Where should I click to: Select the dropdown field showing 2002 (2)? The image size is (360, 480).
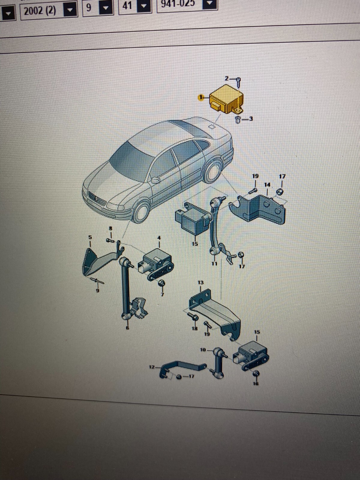(x=40, y=11)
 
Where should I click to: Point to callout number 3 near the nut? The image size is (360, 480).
(x=251, y=119)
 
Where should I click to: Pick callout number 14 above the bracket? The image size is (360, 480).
(x=267, y=185)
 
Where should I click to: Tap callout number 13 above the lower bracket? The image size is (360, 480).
(x=200, y=283)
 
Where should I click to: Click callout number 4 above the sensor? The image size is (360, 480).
(x=159, y=238)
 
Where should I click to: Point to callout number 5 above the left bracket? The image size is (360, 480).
(x=90, y=237)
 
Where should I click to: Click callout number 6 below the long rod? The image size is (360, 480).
(x=127, y=328)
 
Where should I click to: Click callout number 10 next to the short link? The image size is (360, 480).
(x=203, y=350)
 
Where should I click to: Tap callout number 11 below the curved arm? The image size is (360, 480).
(x=214, y=264)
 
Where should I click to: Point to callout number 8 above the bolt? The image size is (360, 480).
(x=110, y=229)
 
